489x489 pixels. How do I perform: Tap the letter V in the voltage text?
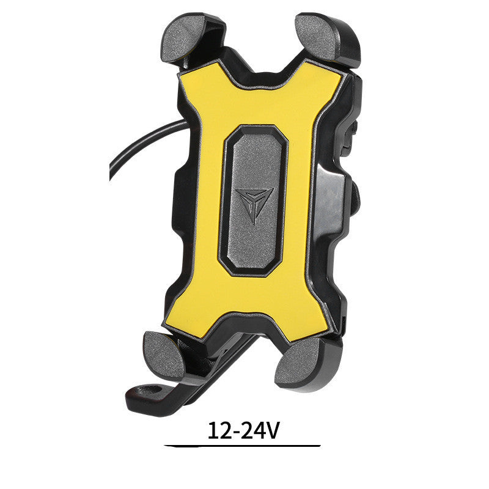pos(273,431)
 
